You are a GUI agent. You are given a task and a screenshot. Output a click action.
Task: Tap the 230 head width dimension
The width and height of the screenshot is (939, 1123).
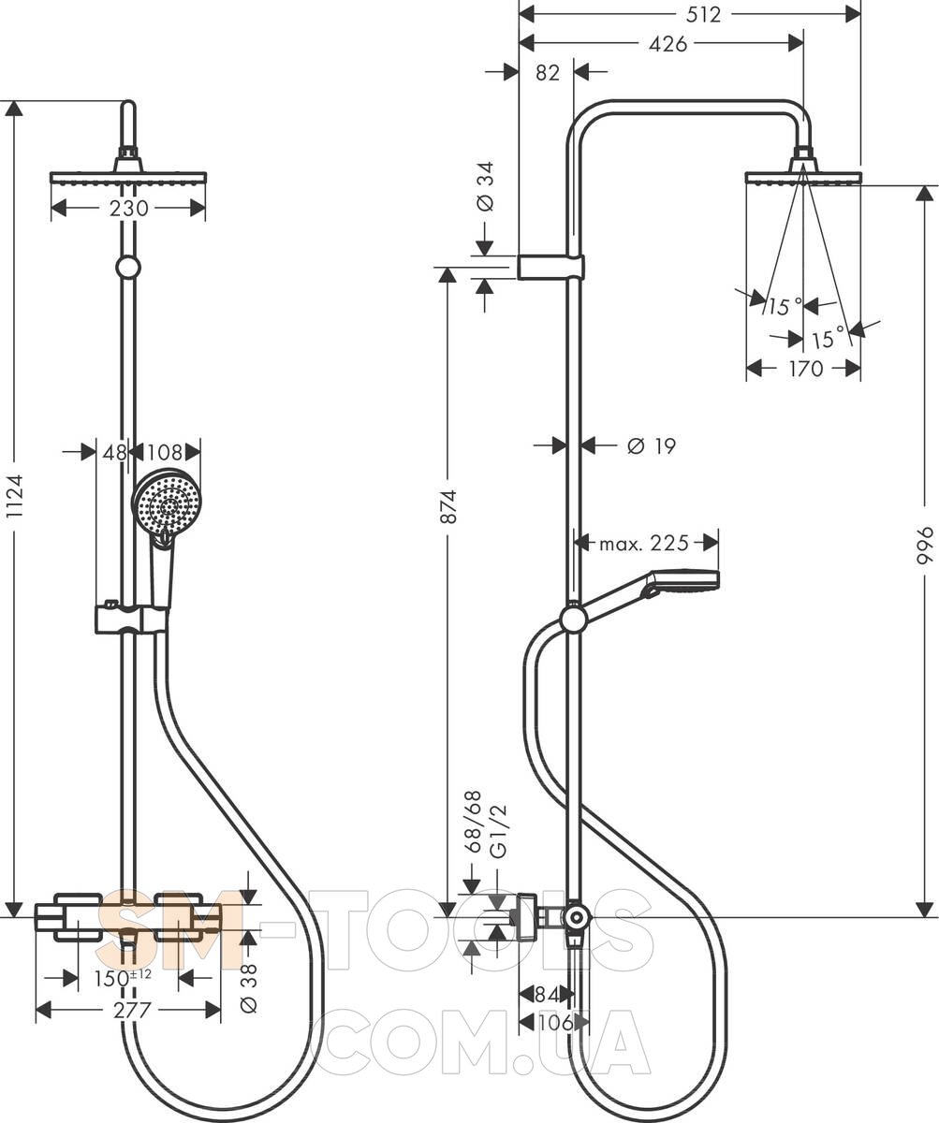128,208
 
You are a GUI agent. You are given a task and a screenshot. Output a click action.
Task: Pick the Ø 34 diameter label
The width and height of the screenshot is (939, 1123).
485,187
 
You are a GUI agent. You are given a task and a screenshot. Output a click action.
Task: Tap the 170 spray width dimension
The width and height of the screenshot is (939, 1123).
803,369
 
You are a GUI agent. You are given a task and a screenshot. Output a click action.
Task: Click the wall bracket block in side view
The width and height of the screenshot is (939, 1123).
550,267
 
